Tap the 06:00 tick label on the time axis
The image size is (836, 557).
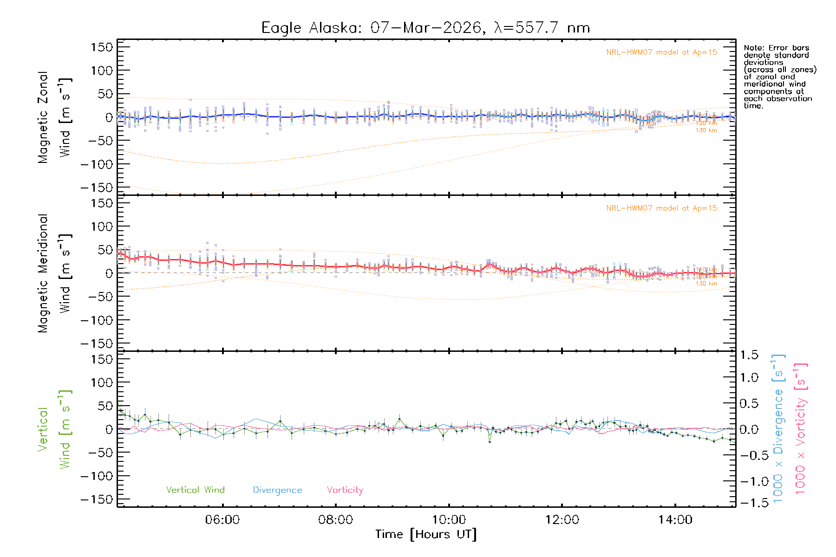coord(222,520)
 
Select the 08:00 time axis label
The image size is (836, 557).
coord(335,520)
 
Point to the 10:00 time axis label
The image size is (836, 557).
coord(449,520)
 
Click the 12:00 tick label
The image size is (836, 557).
coord(562,520)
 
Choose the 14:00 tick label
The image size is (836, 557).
coord(675,520)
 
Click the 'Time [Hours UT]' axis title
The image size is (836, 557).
coord(426,534)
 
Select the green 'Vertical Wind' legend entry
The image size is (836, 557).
coord(195,490)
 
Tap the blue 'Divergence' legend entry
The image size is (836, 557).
coord(277,490)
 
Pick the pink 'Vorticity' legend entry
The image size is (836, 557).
coord(345,490)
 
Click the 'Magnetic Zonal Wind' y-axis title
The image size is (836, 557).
coord(54,117)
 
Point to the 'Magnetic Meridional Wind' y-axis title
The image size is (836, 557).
coord(54,273)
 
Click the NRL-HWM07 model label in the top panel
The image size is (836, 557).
coord(661,52)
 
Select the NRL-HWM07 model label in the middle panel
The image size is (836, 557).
coord(661,208)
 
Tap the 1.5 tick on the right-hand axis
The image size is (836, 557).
coord(749,355)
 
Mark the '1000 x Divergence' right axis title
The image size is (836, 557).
coord(778,428)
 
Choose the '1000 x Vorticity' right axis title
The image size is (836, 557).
coord(801,428)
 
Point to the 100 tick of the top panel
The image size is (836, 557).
coord(102,71)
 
